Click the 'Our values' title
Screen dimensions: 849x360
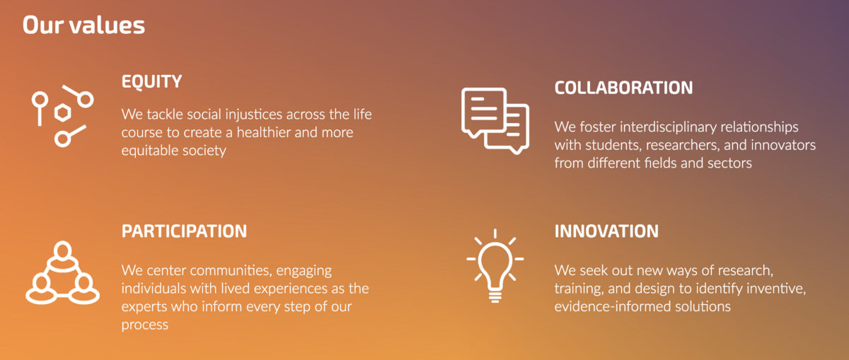(x=83, y=25)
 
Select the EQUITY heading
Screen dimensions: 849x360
(x=151, y=82)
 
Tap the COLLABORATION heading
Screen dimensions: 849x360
(x=623, y=88)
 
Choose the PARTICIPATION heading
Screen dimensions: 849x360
(x=184, y=231)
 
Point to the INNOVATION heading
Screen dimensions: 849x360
(x=606, y=231)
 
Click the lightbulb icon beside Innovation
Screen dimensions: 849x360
(x=495, y=265)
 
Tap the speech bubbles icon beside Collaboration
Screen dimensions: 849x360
(x=495, y=120)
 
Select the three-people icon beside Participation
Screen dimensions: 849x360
(x=62, y=272)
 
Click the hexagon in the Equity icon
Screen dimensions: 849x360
(x=62, y=112)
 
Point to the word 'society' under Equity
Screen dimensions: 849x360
(x=204, y=151)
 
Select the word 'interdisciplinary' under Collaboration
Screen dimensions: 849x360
(x=668, y=127)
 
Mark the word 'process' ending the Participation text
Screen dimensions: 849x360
(x=144, y=325)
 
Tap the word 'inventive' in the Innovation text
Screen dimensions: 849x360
(x=776, y=289)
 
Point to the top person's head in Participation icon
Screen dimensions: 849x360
(x=62, y=250)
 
